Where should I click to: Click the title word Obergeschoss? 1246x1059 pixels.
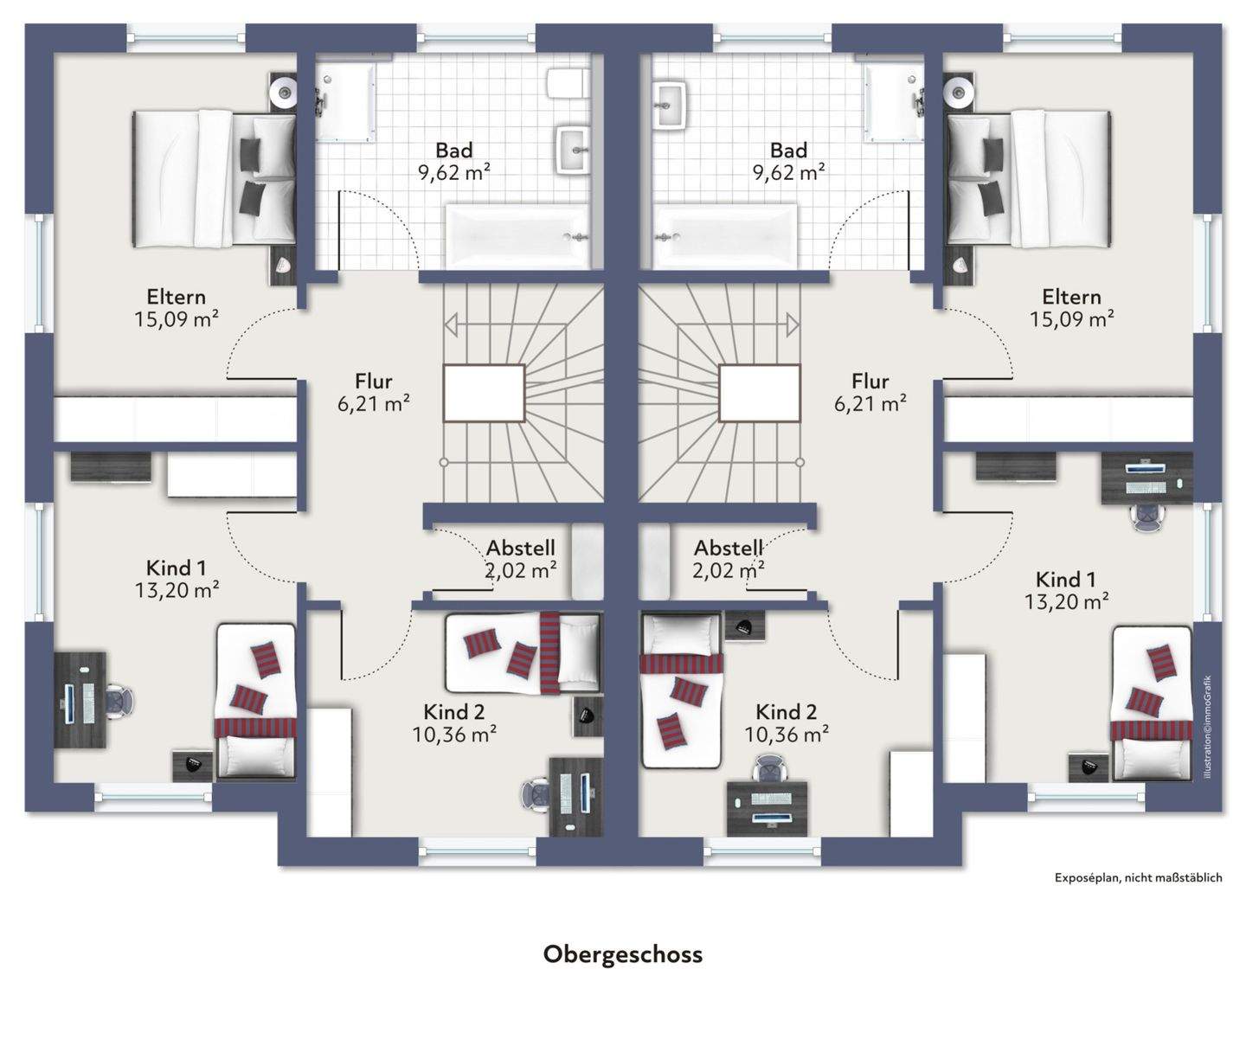(x=623, y=954)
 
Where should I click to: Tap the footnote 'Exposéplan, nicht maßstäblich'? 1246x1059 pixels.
(x=1138, y=877)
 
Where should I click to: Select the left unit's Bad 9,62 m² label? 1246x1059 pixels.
(x=454, y=161)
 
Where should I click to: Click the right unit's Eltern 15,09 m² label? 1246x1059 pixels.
(x=1071, y=307)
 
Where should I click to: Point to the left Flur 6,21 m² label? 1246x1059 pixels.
(x=374, y=392)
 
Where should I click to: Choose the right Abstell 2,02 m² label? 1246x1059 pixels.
(x=729, y=559)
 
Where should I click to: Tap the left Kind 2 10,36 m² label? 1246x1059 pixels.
(x=454, y=722)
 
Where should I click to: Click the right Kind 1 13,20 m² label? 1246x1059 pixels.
(x=1066, y=590)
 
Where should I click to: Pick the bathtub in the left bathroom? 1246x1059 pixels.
(x=517, y=236)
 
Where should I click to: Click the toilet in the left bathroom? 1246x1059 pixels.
(x=568, y=83)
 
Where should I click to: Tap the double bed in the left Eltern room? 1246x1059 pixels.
(x=214, y=178)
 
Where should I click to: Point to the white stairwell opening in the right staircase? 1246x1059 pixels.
(x=760, y=393)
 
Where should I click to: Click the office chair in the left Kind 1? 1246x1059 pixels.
(x=119, y=701)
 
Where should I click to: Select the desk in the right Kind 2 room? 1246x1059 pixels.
(x=768, y=808)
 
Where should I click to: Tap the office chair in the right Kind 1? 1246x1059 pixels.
(x=1147, y=517)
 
